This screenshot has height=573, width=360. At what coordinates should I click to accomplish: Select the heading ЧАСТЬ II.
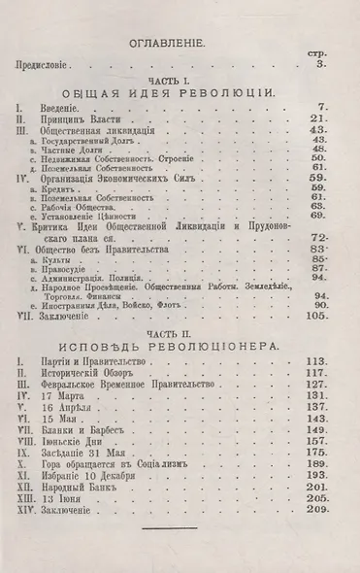[180, 330]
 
